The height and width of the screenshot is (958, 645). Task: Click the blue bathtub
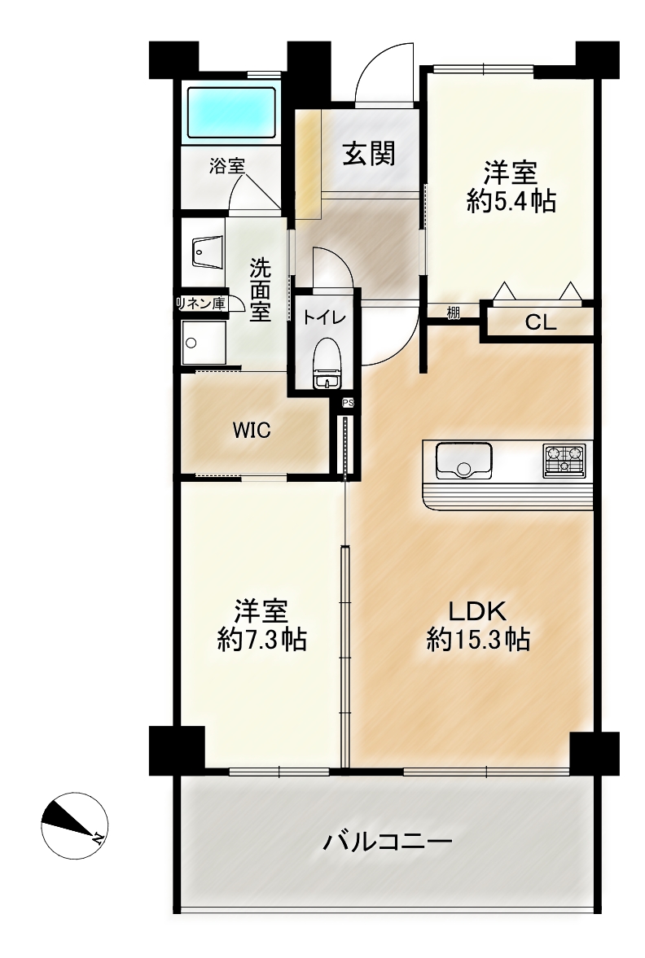point(231,112)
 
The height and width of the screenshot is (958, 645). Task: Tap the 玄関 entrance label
point(368,153)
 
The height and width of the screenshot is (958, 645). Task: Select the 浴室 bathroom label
point(227,165)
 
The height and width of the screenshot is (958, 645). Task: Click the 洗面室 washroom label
point(261,290)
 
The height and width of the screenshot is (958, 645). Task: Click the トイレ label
point(325,317)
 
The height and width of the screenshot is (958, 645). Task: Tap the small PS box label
point(348,403)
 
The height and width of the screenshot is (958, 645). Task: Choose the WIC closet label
point(252,430)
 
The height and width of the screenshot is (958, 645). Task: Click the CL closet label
point(541,323)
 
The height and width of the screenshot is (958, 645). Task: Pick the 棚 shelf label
point(453,313)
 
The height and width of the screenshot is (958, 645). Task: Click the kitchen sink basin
point(463,462)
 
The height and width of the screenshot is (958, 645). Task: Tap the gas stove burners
point(564,460)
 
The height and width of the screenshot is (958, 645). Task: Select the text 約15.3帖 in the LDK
point(477,640)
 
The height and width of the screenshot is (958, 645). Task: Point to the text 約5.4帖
point(511,200)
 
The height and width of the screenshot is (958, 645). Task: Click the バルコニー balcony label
point(388,842)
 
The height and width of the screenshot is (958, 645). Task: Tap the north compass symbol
point(75,825)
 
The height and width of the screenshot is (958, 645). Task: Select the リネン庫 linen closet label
point(200,303)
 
